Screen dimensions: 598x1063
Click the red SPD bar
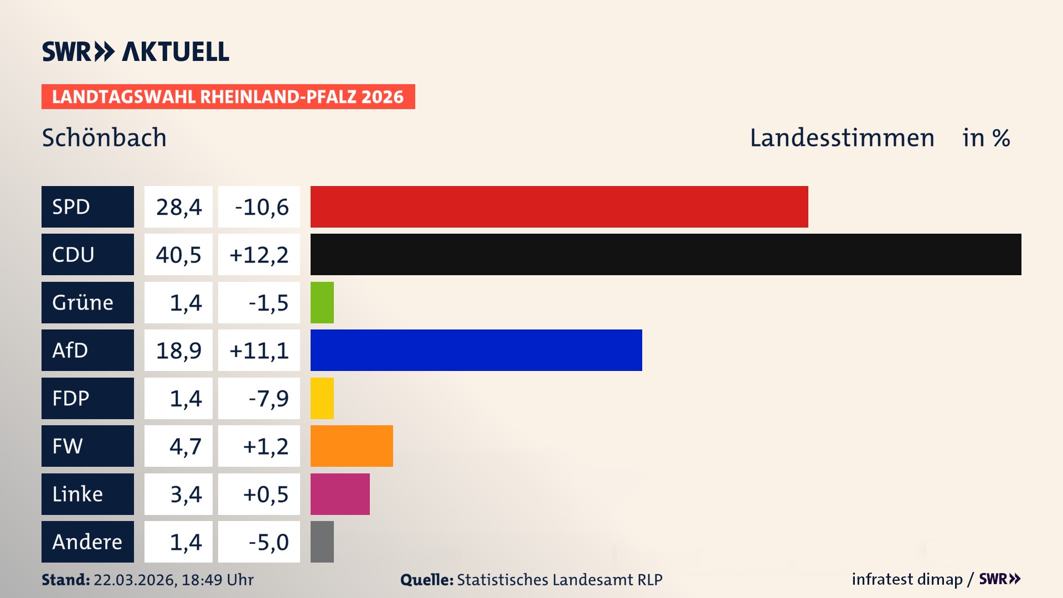click(x=559, y=207)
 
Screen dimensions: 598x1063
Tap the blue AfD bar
click(x=476, y=350)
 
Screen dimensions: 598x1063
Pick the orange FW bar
click(x=352, y=446)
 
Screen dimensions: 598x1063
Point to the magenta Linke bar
click(x=340, y=494)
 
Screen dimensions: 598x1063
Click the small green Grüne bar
click(x=322, y=302)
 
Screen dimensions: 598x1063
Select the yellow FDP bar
click(x=322, y=398)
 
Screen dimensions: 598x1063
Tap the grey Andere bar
click(x=322, y=542)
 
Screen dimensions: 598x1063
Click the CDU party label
click(x=87, y=255)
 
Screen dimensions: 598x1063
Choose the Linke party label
click(x=87, y=494)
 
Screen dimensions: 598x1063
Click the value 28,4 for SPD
click(x=178, y=207)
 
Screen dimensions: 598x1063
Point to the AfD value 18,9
click(x=178, y=350)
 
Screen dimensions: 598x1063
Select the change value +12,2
click(x=259, y=255)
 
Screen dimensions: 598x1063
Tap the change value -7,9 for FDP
click(x=268, y=398)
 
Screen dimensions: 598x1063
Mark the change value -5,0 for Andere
click(x=268, y=542)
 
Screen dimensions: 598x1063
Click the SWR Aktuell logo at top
click(x=135, y=51)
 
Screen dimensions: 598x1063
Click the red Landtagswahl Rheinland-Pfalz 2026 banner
click(x=228, y=97)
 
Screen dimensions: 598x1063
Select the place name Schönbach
click(x=104, y=137)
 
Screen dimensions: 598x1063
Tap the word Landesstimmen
click(x=842, y=137)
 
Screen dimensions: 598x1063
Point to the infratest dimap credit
click(x=907, y=579)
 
